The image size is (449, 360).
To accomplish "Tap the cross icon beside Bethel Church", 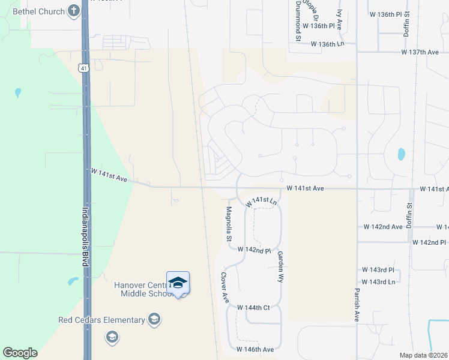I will [73, 10].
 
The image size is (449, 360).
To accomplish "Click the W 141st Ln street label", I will [263, 201].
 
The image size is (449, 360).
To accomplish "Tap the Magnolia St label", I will [229, 224].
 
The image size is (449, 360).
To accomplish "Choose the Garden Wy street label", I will [280, 266].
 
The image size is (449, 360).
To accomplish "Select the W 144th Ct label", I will [254, 307].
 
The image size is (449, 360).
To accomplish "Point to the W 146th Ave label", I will [255, 349].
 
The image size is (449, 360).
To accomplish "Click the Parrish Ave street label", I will [355, 307].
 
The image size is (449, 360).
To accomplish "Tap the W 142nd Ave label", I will [383, 227].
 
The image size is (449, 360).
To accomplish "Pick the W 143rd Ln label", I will [378, 281].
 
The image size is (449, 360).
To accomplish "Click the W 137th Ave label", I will [420, 52].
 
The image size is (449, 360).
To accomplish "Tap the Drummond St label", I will [298, 20].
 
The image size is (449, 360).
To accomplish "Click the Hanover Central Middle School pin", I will [178, 283].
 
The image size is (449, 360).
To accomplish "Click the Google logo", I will [20, 353].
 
